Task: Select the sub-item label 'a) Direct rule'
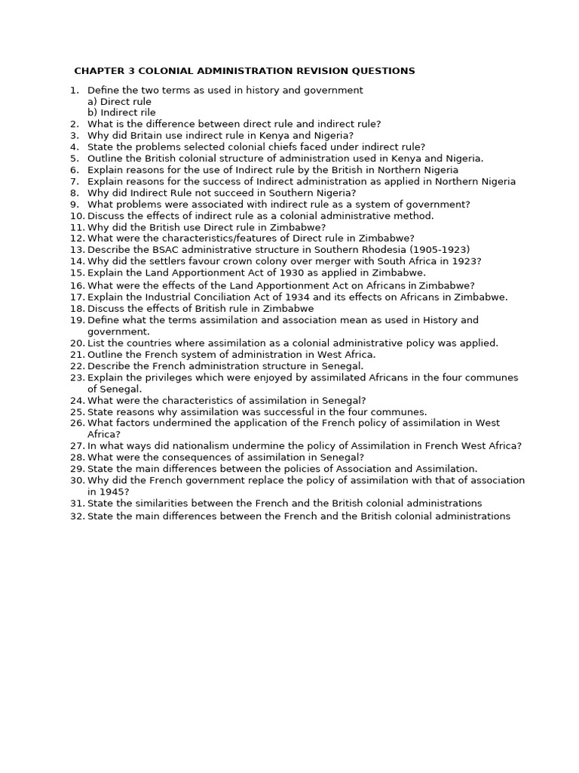tap(119, 101)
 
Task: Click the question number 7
tap(75, 181)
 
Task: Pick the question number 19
tap(77, 320)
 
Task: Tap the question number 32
tap(77, 516)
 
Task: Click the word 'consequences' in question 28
tap(182, 457)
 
